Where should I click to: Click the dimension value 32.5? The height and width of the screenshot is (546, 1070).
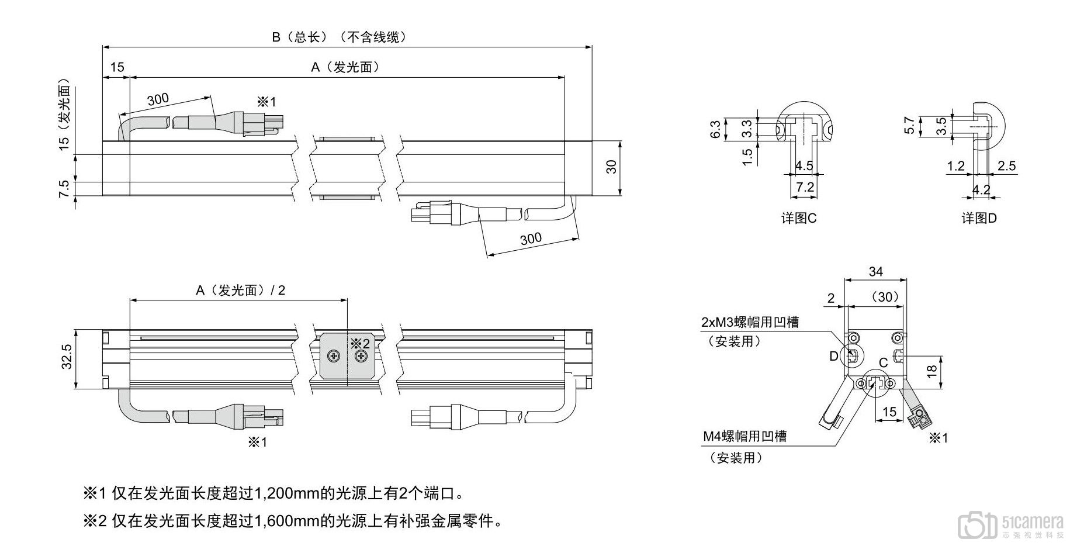[x=67, y=356]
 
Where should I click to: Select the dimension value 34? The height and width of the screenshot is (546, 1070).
[x=875, y=272]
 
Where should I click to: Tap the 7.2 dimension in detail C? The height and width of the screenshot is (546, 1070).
[x=805, y=187]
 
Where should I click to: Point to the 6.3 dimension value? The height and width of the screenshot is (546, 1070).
[x=715, y=129]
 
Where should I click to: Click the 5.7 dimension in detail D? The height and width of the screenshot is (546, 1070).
[x=909, y=125]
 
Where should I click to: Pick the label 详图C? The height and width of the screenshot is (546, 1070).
[x=799, y=219]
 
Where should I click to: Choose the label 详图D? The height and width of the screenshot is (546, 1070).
[x=979, y=219]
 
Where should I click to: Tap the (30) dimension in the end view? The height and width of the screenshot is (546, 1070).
[x=884, y=297]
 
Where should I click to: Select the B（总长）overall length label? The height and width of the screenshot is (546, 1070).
[x=338, y=37]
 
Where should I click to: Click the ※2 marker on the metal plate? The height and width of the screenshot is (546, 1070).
[x=360, y=343]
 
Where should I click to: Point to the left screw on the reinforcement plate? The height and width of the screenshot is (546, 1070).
[x=334, y=355]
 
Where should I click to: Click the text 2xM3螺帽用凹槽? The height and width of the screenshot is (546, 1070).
[x=750, y=322]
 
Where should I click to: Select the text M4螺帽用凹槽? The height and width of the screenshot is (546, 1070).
[x=745, y=436]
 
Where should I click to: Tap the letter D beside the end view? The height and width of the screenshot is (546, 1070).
[x=833, y=356]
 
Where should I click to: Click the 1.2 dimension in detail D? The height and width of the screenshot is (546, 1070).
[x=955, y=166]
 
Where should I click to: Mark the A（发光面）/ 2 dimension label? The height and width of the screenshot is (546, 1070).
[x=240, y=291]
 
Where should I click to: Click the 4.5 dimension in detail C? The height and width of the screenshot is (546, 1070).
[x=804, y=165]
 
